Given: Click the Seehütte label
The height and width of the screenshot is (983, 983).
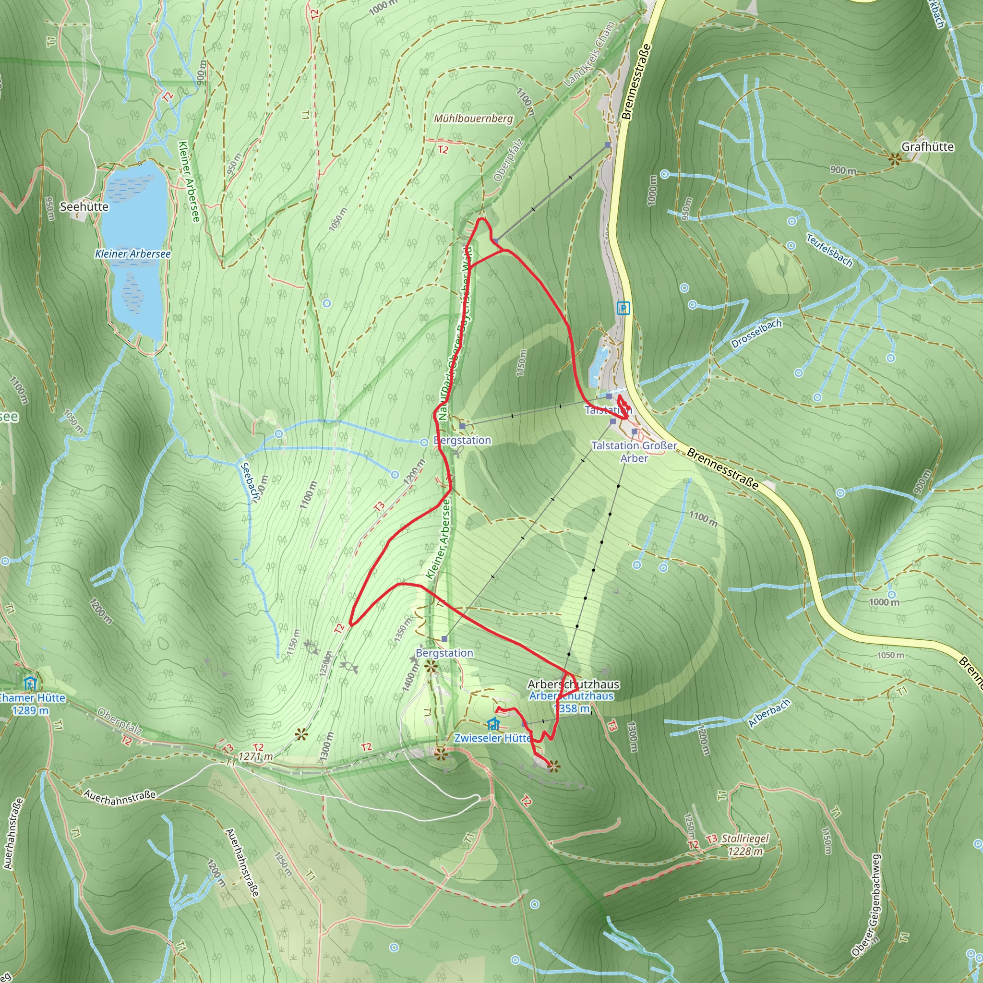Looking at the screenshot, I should [x=84, y=206].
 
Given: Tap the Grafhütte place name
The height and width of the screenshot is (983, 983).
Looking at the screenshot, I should [x=927, y=146].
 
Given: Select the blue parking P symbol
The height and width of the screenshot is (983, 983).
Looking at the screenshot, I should [x=623, y=308].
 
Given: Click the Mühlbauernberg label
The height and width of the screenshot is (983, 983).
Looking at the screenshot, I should [x=473, y=119].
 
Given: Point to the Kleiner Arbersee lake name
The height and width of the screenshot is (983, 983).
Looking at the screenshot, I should [x=133, y=253].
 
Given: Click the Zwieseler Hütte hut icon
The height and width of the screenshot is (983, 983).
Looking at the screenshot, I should [x=492, y=723].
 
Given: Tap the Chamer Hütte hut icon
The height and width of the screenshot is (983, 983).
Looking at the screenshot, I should [x=30, y=683].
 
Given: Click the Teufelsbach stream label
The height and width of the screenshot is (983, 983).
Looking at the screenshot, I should [x=829, y=250].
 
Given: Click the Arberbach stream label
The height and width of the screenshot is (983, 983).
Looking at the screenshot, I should [x=769, y=713].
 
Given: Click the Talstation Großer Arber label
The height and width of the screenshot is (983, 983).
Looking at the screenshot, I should [x=634, y=451].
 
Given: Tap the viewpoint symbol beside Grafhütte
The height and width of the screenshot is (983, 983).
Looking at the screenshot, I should [x=895, y=159].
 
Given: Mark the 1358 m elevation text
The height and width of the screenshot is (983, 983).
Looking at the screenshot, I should [x=571, y=708].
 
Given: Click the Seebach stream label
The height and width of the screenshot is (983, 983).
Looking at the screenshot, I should [x=248, y=481].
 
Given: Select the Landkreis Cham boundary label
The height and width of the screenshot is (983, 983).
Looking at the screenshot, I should [x=590, y=53].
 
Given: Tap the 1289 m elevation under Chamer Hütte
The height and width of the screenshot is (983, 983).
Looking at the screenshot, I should [x=31, y=710].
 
